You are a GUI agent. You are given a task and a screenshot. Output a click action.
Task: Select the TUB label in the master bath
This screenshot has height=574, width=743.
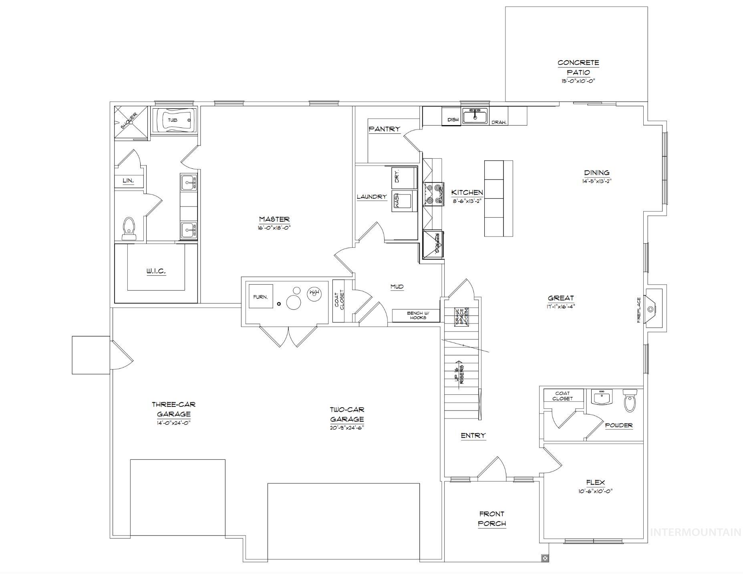(173, 120)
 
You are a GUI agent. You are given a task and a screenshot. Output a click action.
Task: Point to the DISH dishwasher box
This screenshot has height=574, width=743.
(453, 120)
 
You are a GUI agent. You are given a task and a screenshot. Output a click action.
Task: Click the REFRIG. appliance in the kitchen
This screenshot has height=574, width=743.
(434, 243)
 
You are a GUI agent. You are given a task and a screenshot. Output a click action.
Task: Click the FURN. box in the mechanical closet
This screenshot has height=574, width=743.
(261, 297)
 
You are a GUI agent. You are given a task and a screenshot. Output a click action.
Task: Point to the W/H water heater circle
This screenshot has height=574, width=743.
(314, 293)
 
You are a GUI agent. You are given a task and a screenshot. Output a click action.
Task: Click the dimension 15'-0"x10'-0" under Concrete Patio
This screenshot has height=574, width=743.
(578, 81)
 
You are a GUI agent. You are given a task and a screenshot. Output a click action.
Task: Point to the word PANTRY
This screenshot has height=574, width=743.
(384, 129)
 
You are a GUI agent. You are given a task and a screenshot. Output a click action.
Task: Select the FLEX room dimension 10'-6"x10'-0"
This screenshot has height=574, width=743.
(596, 491)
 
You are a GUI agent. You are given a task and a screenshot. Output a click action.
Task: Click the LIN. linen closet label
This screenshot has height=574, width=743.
(128, 181)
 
